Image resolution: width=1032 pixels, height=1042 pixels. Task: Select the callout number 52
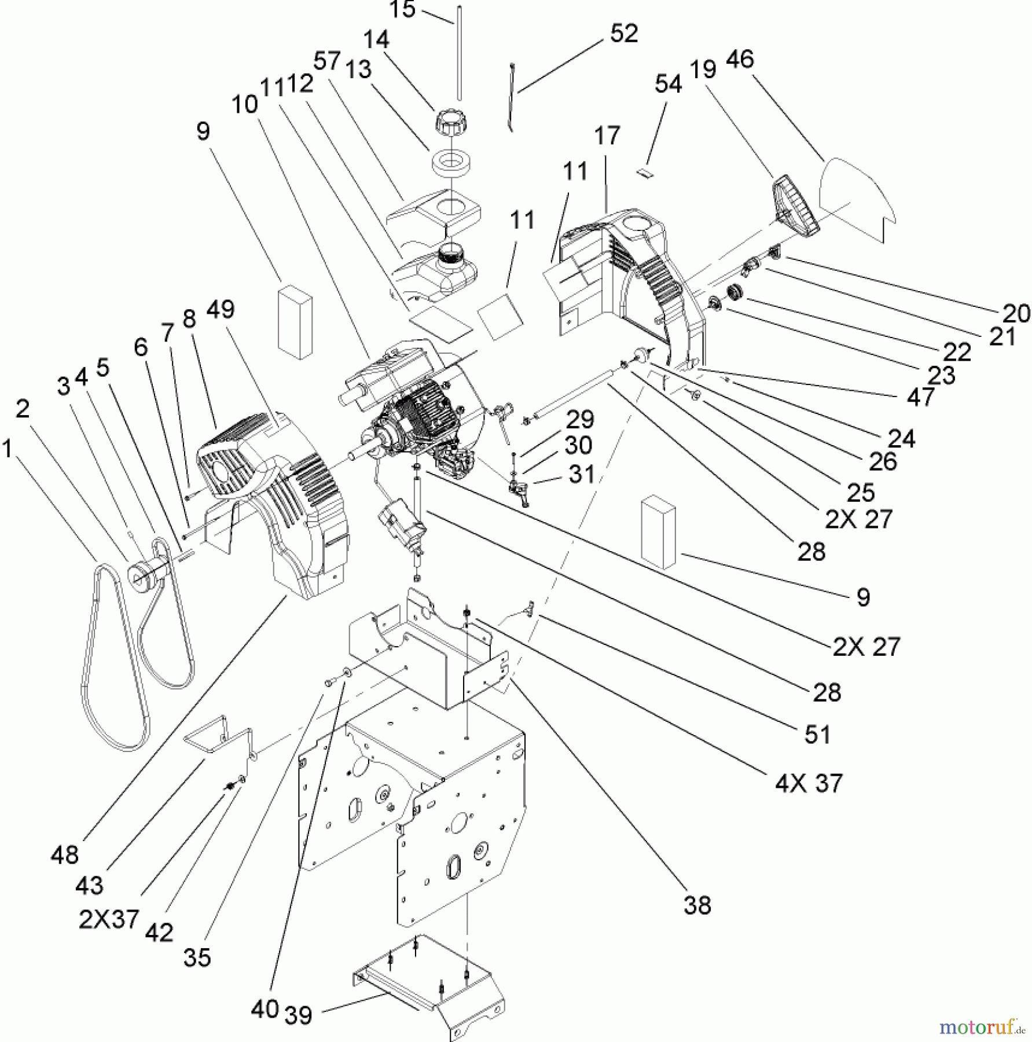click(x=623, y=33)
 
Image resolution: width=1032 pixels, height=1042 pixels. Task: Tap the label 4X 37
click(x=809, y=783)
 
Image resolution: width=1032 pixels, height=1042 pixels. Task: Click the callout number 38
click(x=697, y=905)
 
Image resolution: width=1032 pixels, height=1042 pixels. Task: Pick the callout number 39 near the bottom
click(x=298, y=1015)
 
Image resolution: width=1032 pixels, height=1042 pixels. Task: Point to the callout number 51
click(x=817, y=735)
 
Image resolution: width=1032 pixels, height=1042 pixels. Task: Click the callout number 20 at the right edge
click(x=1016, y=313)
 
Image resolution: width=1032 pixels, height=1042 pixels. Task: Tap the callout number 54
click(x=668, y=84)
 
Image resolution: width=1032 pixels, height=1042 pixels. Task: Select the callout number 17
click(x=607, y=135)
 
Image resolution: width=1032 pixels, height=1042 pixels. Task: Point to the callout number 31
click(x=582, y=474)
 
